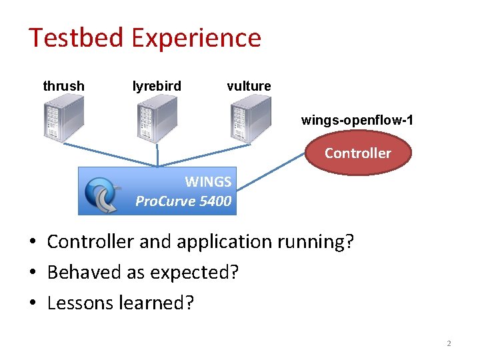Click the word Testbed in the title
point(75,37)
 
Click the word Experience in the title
point(196,39)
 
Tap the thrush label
point(63,86)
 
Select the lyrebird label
point(157,86)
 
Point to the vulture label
point(249,86)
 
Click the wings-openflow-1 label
point(357,120)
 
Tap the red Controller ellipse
point(357,153)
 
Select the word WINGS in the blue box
point(208,181)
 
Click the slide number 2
point(449,343)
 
